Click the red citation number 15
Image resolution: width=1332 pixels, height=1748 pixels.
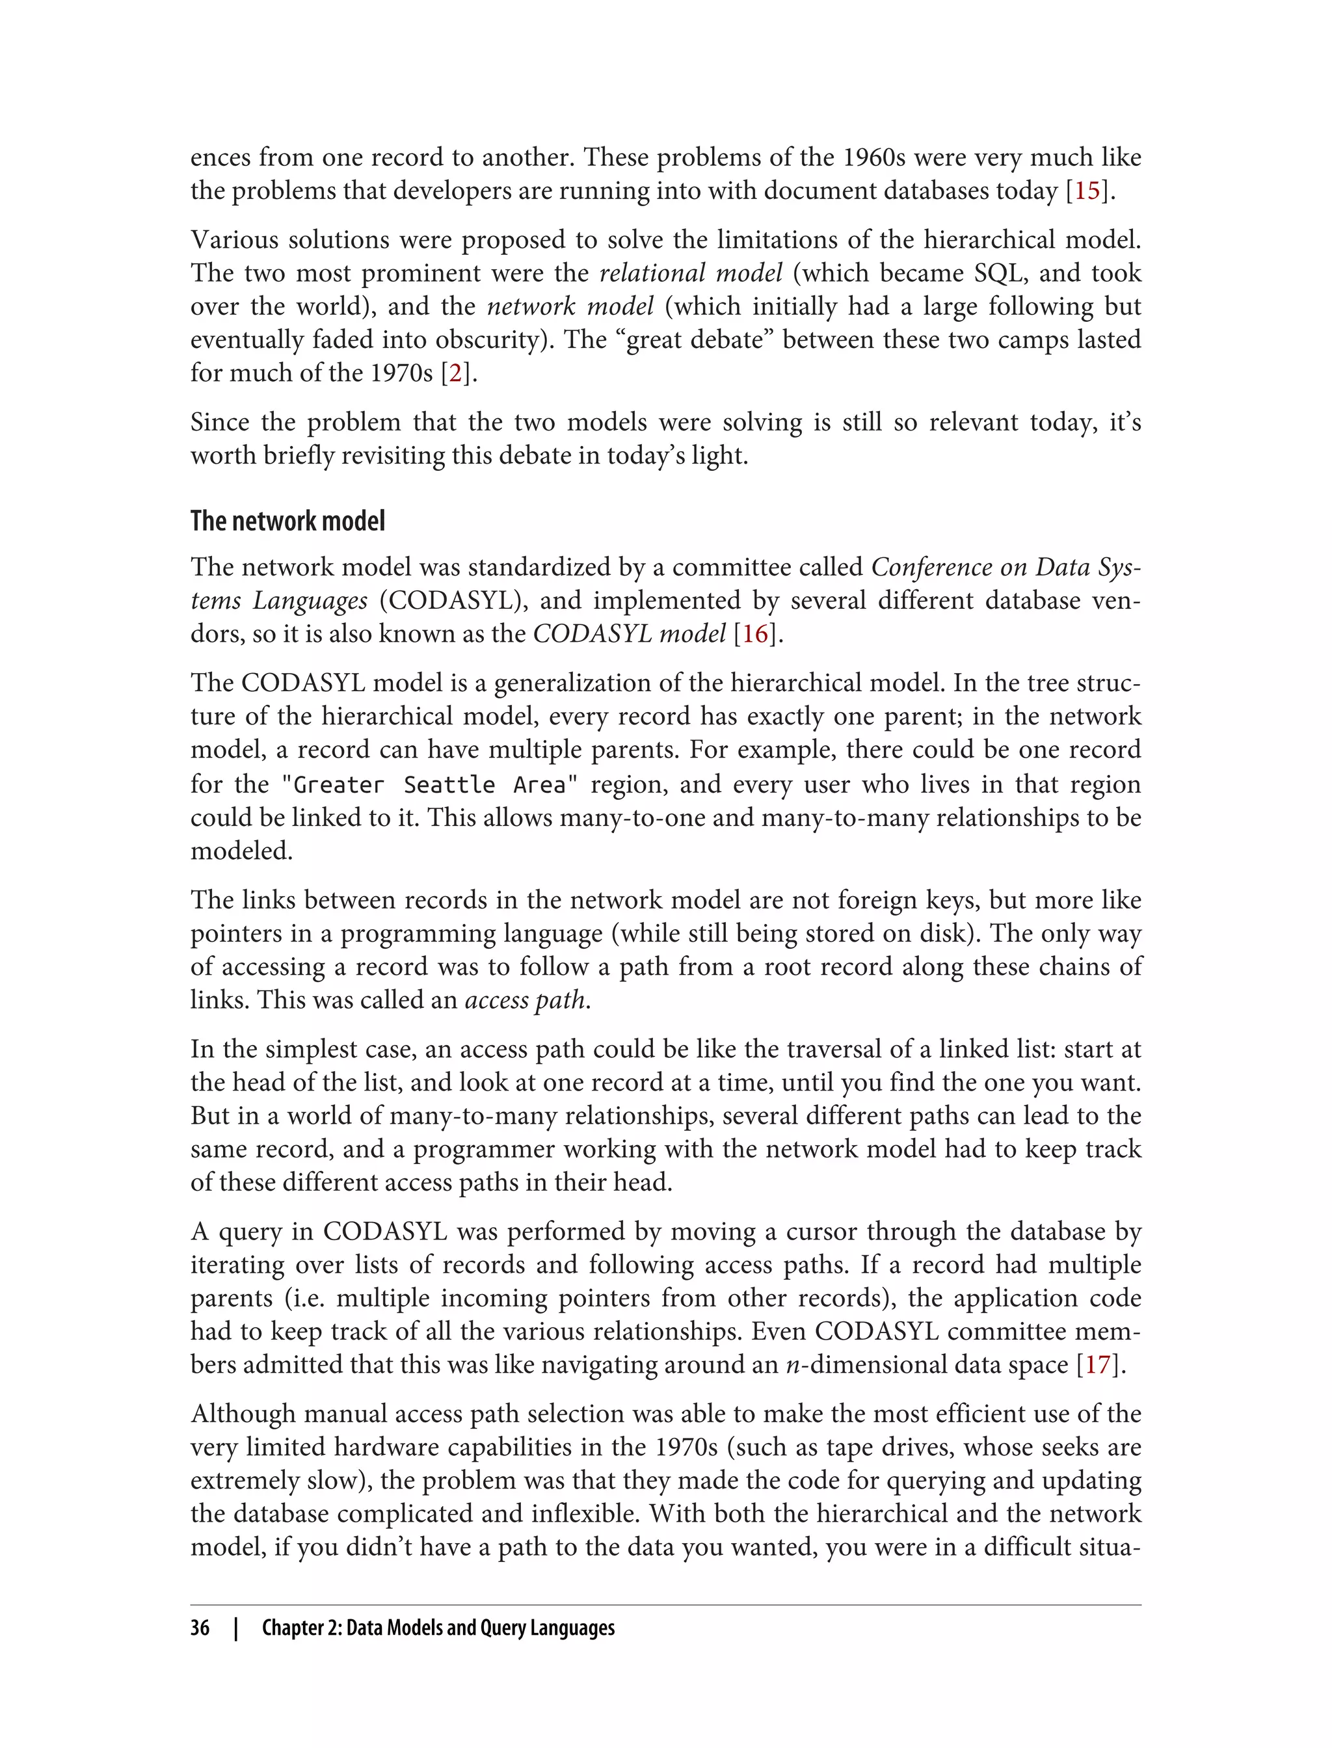pyautogui.click(x=1086, y=191)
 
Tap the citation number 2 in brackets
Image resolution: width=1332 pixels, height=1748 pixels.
pyautogui.click(x=455, y=373)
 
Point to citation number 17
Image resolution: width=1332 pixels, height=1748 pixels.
pyautogui.click(x=1098, y=1364)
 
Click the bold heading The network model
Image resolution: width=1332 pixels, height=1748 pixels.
pyautogui.click(x=288, y=521)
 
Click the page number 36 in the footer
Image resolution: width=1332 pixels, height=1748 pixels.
pyautogui.click(x=200, y=1628)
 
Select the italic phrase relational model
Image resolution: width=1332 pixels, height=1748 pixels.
pyautogui.click(x=691, y=272)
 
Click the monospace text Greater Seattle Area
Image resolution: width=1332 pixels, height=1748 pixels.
pyautogui.click(x=430, y=785)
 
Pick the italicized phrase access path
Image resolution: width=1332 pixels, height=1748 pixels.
pyautogui.click(x=526, y=1000)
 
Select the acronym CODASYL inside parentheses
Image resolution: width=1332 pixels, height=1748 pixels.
pyautogui.click(x=455, y=601)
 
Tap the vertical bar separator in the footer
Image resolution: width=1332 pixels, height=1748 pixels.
pyautogui.click(x=235, y=1628)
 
